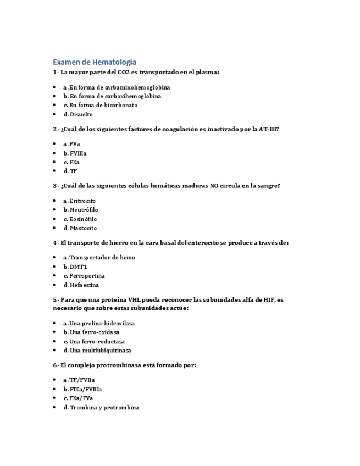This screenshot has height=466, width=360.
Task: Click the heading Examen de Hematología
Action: [x=95, y=62]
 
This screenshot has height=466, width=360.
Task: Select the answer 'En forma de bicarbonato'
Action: [x=100, y=105]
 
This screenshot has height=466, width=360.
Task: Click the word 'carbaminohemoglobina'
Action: [x=137, y=87]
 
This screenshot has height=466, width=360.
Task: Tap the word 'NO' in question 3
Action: [x=215, y=186]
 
